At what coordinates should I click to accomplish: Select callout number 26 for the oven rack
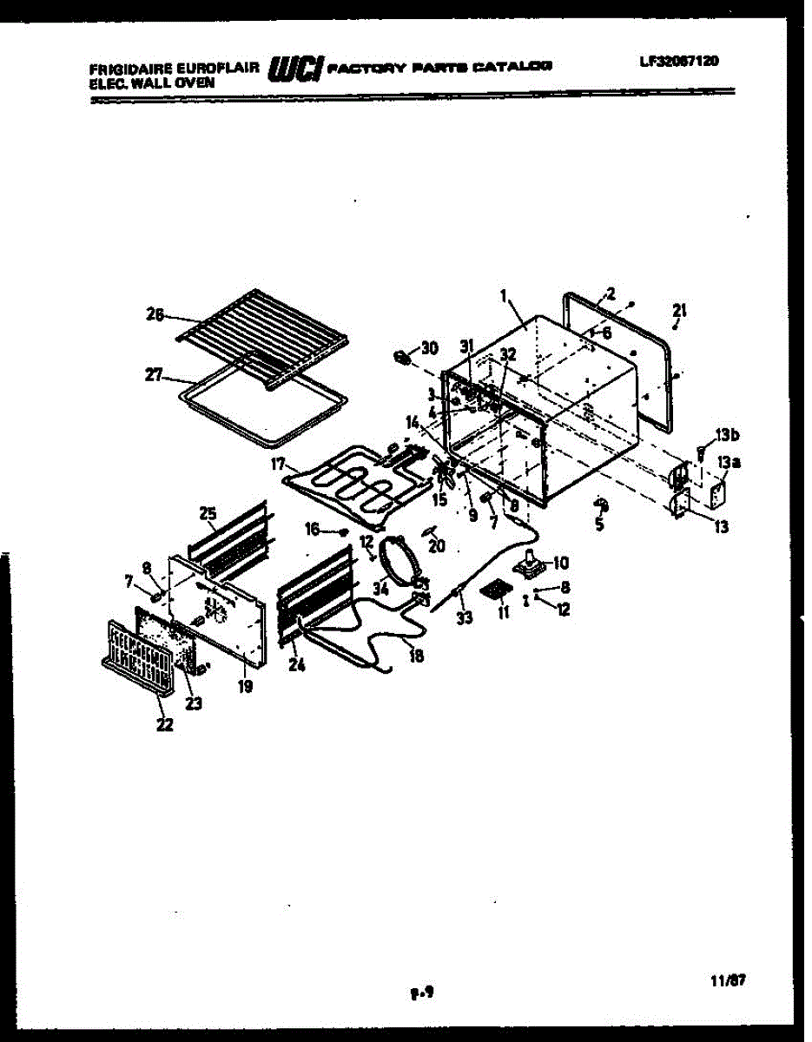click(x=154, y=316)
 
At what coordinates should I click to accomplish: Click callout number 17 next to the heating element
click(x=277, y=465)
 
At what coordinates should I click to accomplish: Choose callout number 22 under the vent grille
click(x=164, y=724)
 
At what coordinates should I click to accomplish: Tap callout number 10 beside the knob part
click(x=559, y=562)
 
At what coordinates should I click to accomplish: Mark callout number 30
click(x=429, y=348)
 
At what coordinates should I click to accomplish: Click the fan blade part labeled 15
click(x=446, y=474)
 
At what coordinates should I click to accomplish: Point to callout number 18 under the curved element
click(x=417, y=656)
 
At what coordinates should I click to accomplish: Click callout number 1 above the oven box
click(x=503, y=296)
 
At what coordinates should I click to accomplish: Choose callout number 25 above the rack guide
click(x=208, y=514)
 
